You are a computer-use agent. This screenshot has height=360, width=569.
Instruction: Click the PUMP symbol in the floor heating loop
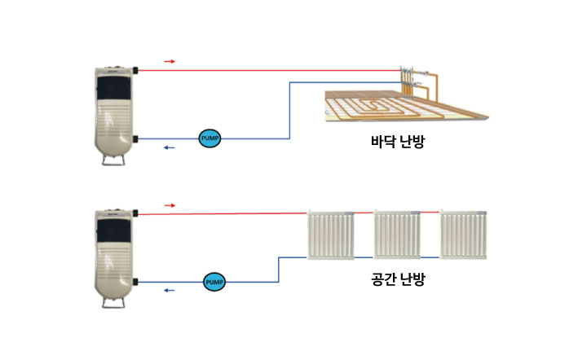pos(210,138)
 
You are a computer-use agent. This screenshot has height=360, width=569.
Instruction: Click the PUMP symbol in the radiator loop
pos(214,282)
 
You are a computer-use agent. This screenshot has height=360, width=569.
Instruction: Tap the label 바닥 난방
pos(397,142)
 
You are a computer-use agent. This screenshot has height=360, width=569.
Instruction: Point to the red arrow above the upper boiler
pos(170,61)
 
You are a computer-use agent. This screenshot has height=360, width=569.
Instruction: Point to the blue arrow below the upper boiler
pos(170,147)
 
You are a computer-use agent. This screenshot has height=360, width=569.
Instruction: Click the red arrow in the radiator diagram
pos(170,204)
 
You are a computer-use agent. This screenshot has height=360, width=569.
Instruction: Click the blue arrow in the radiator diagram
pos(170,290)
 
